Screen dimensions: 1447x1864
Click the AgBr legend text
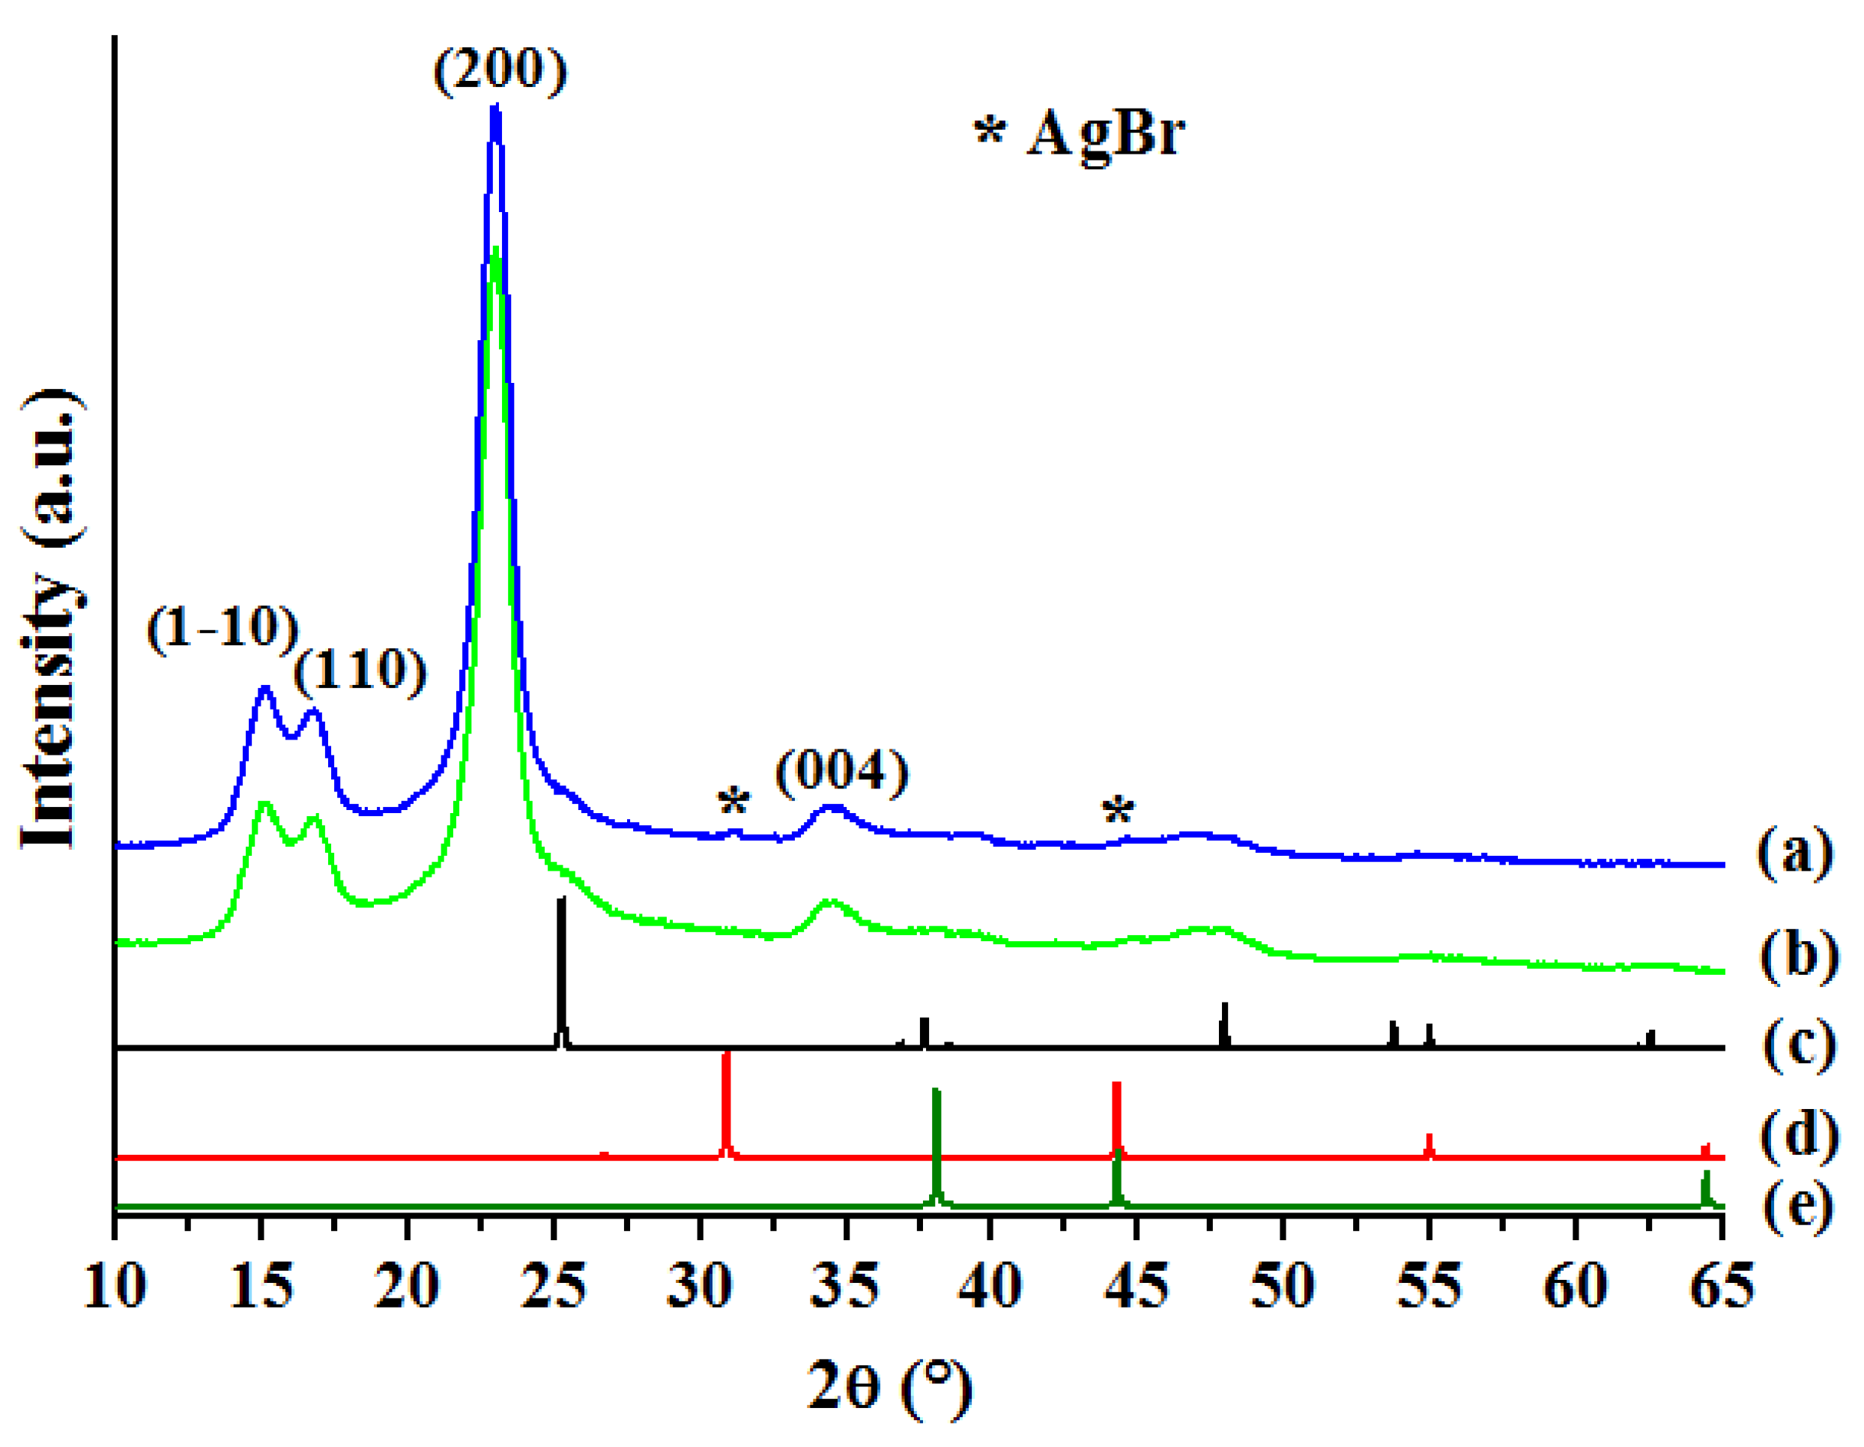point(1080,133)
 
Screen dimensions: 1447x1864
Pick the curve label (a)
point(1795,851)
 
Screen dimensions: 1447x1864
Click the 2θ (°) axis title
point(889,1386)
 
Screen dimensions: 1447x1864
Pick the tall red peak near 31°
point(726,1102)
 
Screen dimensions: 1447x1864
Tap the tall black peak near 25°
point(560,964)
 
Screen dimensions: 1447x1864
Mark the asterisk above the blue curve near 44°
point(1118,809)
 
